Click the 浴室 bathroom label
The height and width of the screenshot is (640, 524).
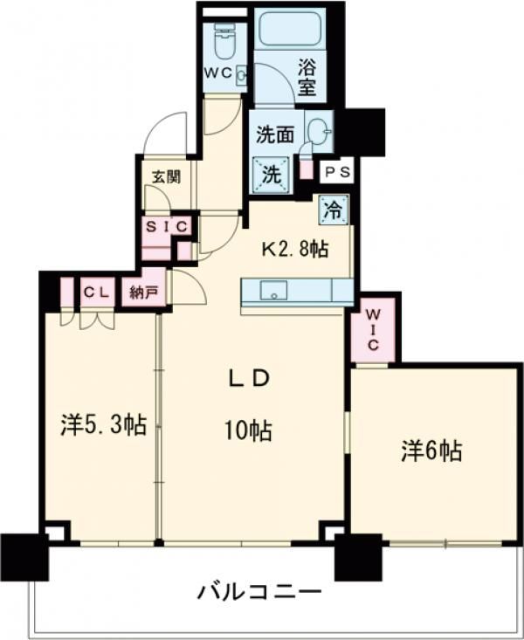coord(306,76)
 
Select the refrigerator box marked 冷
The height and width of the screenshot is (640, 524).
coord(333,209)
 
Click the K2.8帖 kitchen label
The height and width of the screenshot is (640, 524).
coord(297,250)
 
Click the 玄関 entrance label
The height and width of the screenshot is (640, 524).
coord(167,175)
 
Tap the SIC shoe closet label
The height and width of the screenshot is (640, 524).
coord(167,226)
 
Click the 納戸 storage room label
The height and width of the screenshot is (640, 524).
coord(144,292)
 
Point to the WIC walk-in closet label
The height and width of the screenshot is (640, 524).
coord(372,328)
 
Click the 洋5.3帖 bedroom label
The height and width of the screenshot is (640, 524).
coord(103,426)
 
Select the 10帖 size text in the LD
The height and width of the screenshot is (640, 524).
coord(247,430)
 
